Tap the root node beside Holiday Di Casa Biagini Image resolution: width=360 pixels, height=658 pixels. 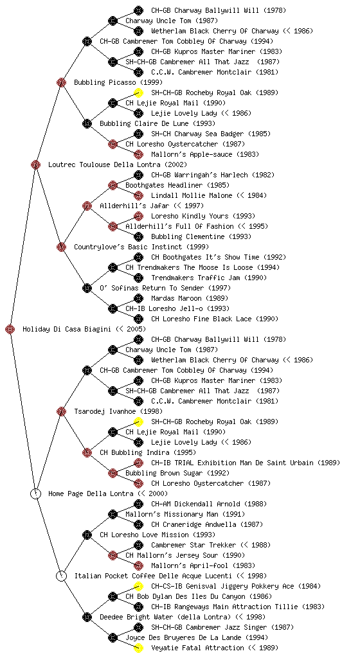(10, 329)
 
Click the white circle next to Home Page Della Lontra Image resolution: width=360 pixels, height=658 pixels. (36, 493)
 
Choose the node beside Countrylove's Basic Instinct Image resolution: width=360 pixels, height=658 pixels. (61, 247)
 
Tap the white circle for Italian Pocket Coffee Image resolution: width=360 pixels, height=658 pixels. (61, 576)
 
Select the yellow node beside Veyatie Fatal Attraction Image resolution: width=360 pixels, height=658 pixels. (138, 648)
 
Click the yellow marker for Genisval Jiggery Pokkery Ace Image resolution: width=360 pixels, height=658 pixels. (138, 586)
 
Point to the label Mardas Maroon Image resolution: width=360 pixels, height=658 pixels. (176, 298)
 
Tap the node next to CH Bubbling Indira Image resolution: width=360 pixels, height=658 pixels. (87, 452)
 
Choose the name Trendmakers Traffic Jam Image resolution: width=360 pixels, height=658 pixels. (195, 278)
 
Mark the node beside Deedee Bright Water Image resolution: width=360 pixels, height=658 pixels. (87, 617)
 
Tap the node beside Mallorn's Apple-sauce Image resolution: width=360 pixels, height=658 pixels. (138, 154)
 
